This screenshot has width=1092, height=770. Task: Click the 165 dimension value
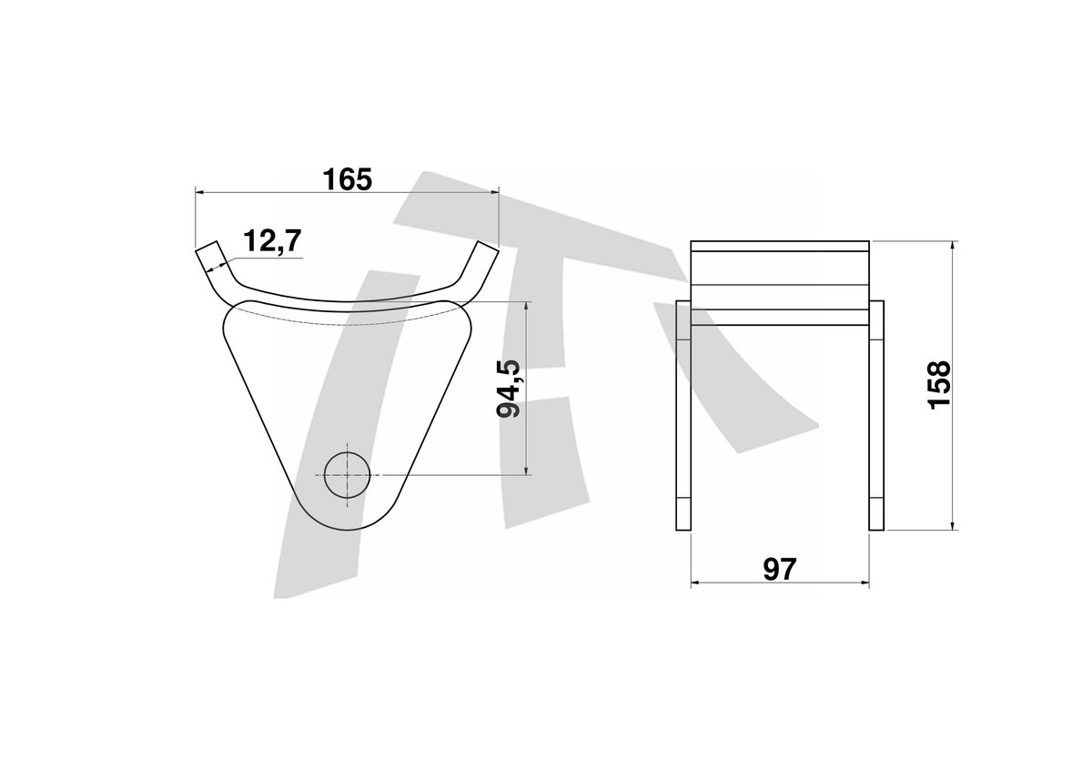(x=347, y=179)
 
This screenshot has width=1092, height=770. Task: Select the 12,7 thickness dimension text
(x=272, y=240)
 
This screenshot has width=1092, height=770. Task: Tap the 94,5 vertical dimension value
(x=509, y=389)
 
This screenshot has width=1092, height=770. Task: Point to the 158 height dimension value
(x=939, y=385)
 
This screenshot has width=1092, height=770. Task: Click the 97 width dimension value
(x=780, y=569)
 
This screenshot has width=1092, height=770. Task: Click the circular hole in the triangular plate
(x=347, y=475)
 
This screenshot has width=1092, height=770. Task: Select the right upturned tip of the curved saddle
(x=488, y=250)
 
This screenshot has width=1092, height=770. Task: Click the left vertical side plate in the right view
(x=683, y=415)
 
